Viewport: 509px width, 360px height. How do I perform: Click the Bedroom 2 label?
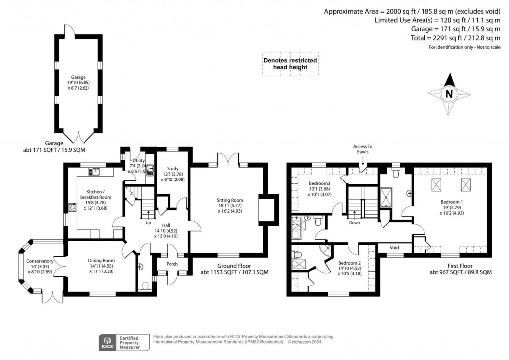pos(349,263)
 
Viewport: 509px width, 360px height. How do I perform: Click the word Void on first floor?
pos(394,247)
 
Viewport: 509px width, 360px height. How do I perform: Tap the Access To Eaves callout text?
pos(363,149)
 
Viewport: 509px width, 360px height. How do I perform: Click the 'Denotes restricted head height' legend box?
pos(290,64)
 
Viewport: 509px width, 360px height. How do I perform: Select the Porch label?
pos(172,264)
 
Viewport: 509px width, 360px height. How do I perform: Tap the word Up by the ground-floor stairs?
pos(148,223)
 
